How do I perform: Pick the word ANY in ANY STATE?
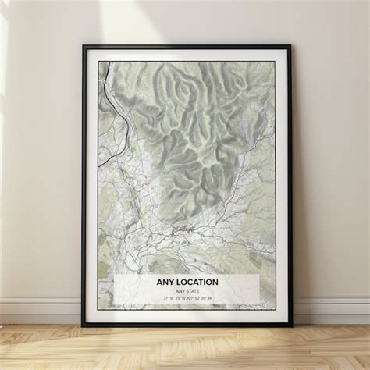click(178, 291)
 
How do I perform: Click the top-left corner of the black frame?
click(84, 47)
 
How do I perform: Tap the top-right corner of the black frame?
click(289, 47)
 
